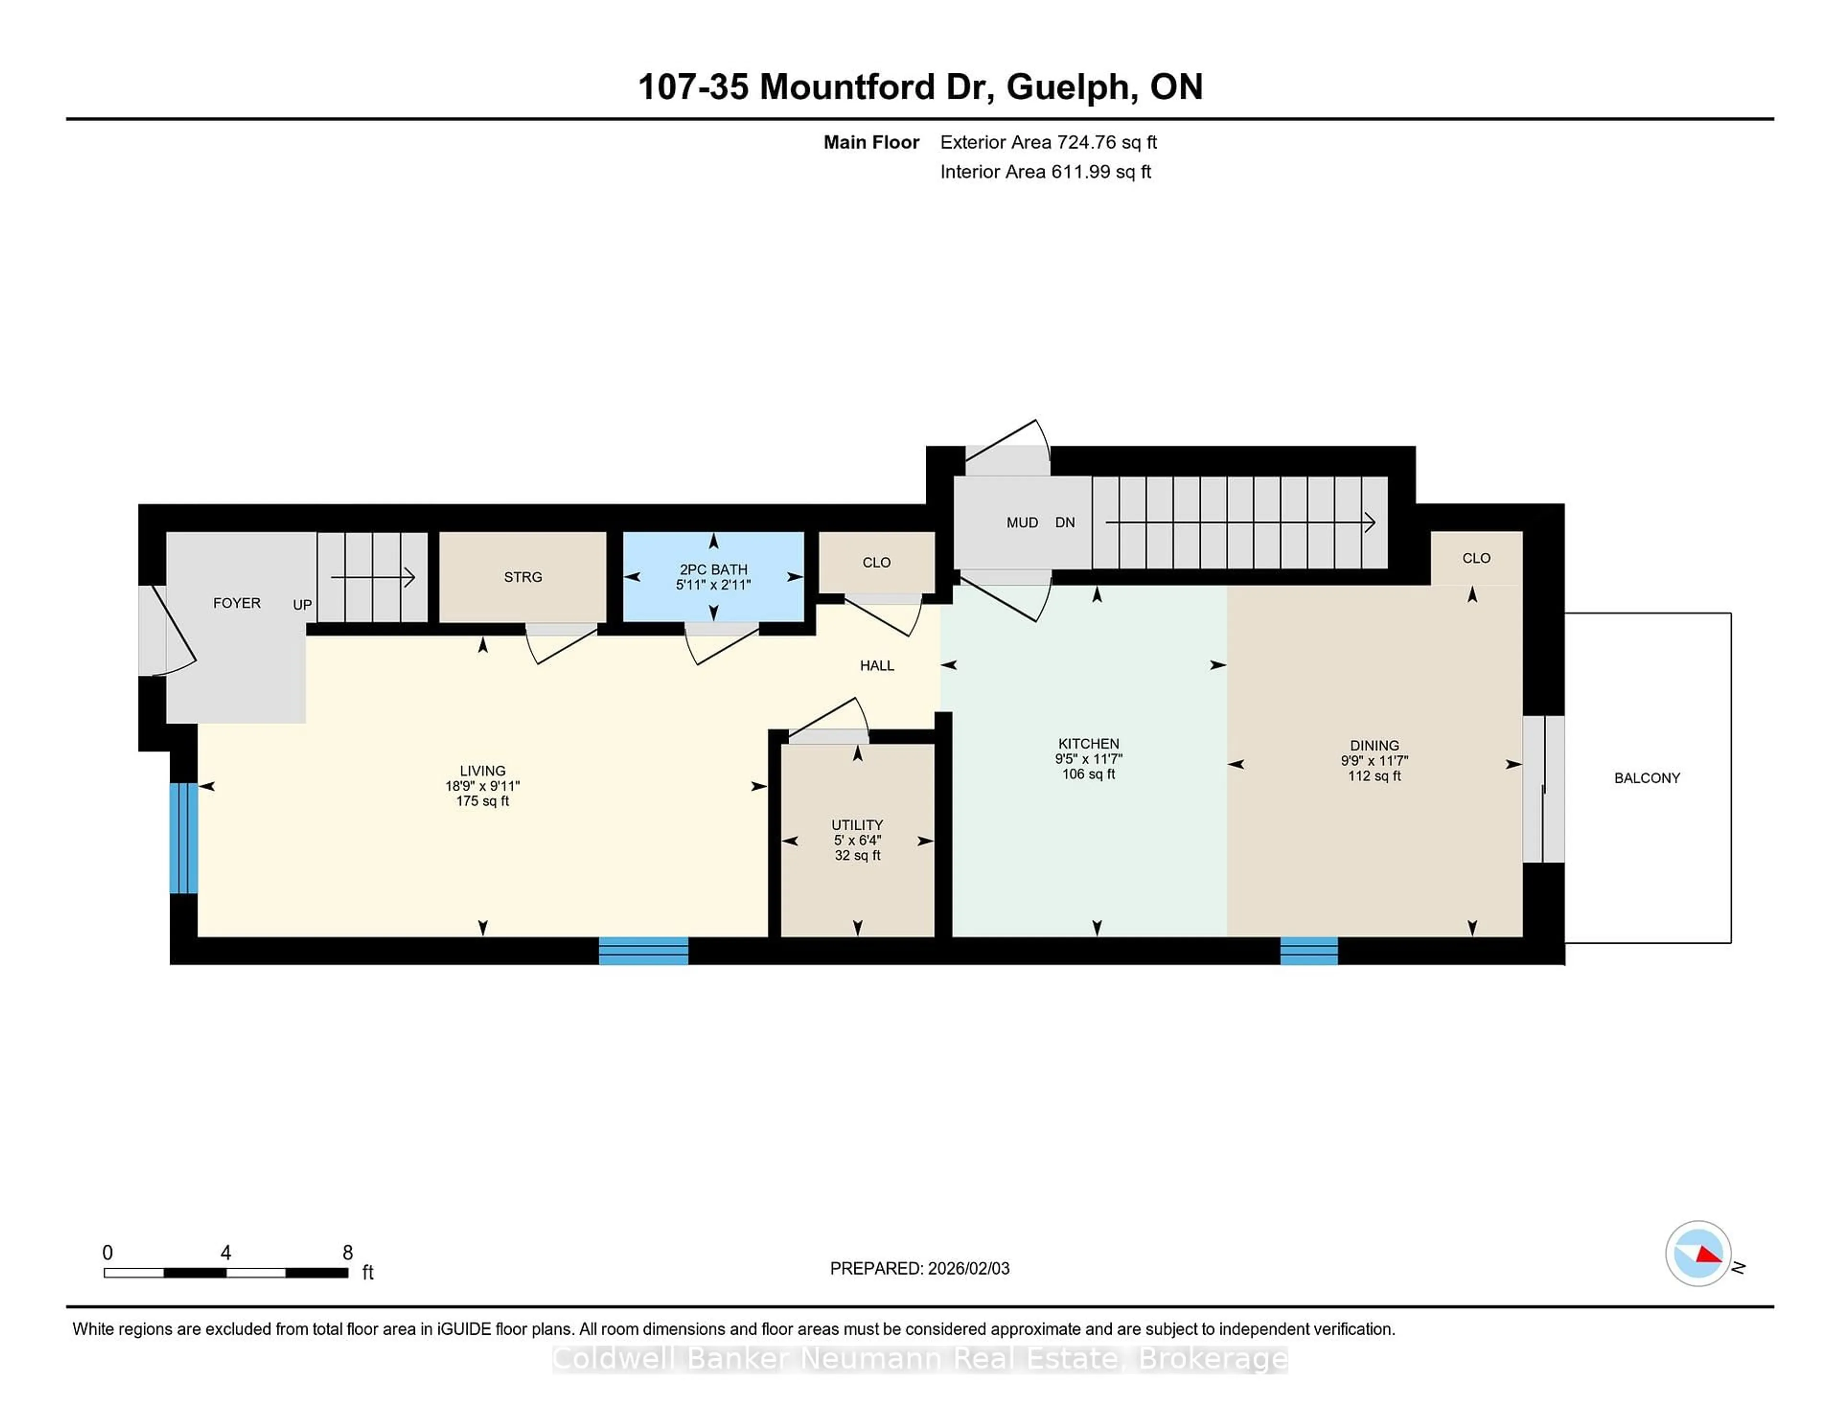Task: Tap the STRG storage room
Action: click(522, 577)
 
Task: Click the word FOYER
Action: click(237, 603)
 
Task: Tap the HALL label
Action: click(876, 665)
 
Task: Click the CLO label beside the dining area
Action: click(1476, 558)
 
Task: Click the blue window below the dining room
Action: click(1309, 950)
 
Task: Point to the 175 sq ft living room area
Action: click(482, 801)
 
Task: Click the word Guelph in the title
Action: click(1068, 87)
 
